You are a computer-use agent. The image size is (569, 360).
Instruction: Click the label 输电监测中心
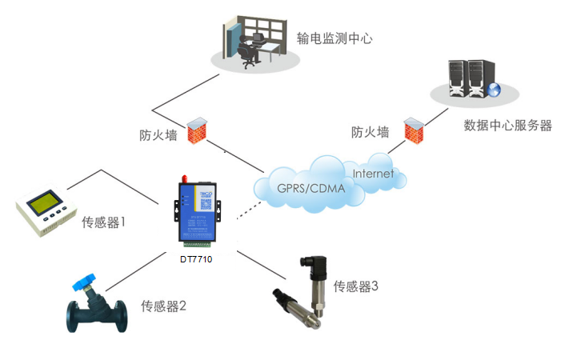[x=335, y=38]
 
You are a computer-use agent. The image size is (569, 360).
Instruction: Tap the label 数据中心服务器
[x=507, y=126]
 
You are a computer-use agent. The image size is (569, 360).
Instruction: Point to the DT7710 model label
[x=195, y=257]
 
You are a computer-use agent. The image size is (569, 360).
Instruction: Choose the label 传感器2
[x=163, y=306]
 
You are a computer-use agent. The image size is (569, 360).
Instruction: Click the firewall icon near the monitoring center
[x=194, y=132]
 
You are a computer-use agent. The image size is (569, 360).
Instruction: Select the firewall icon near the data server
[x=412, y=130]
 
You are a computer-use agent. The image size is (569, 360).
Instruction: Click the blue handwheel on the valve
[x=83, y=283]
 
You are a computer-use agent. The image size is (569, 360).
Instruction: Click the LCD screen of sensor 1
[x=41, y=203]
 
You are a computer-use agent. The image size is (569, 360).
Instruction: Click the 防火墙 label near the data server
[x=371, y=132]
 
